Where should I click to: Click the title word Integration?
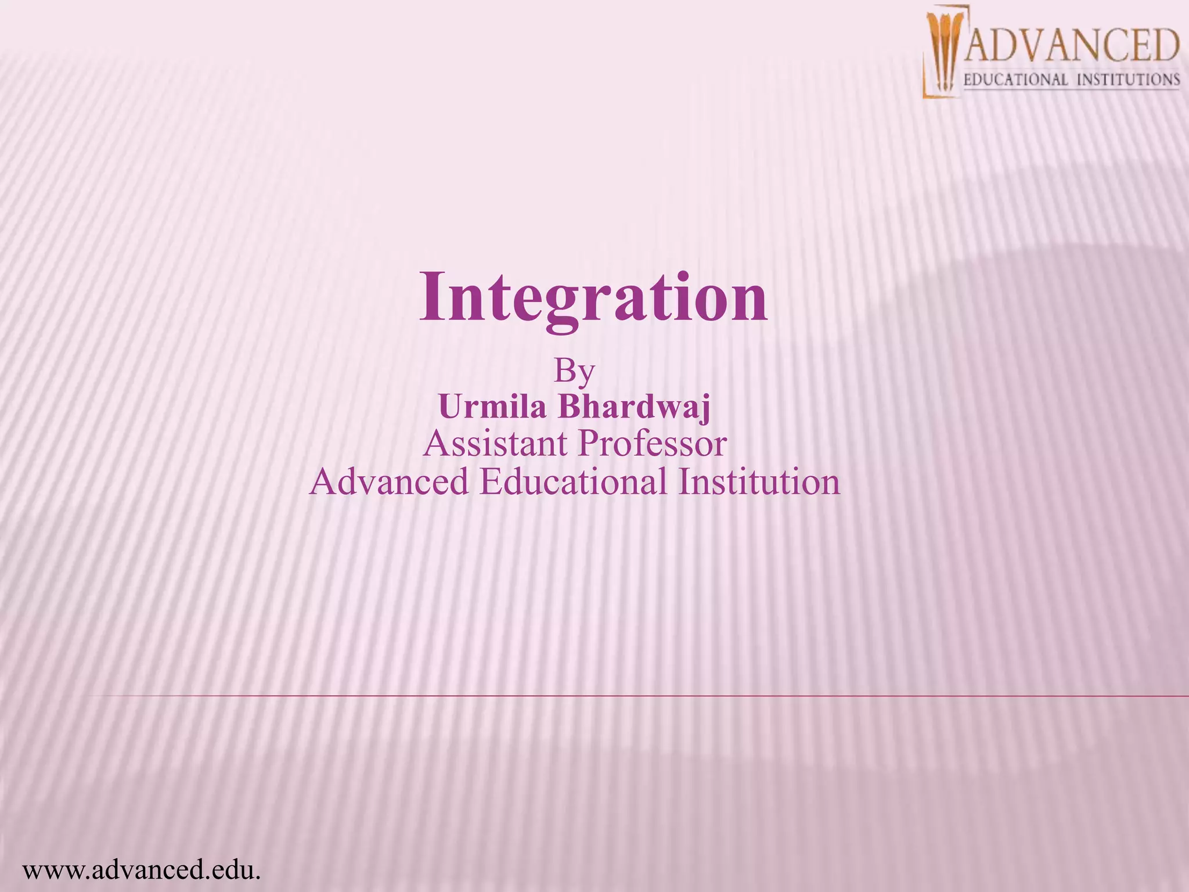pyautogui.click(x=593, y=297)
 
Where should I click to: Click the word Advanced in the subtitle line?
pyautogui.click(x=388, y=481)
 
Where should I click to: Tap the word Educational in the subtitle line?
pyautogui.click(x=574, y=481)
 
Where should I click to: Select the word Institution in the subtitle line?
pyautogui.click(x=759, y=481)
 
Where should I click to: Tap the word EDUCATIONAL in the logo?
pyautogui.click(x=1015, y=80)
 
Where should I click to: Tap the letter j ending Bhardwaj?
pyautogui.click(x=704, y=409)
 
